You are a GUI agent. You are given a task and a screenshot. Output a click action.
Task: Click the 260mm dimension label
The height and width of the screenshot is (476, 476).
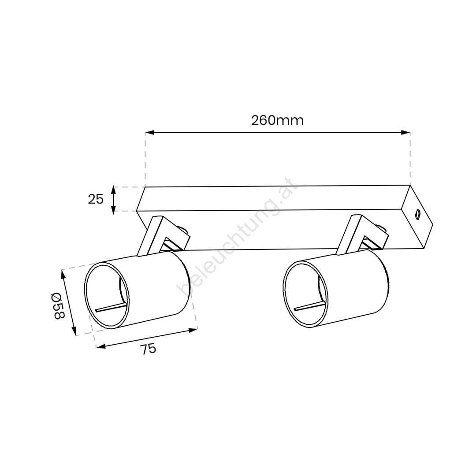(277, 120)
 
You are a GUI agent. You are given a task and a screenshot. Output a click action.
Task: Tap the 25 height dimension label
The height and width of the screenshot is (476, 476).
(96, 200)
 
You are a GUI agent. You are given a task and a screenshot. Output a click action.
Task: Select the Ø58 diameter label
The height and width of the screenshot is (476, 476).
(58, 306)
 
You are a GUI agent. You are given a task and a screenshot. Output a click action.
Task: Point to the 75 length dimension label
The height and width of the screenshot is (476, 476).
(149, 349)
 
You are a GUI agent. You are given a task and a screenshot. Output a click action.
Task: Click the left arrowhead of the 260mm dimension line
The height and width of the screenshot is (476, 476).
(150, 132)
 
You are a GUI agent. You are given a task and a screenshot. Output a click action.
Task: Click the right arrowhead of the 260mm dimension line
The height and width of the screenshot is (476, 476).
(405, 132)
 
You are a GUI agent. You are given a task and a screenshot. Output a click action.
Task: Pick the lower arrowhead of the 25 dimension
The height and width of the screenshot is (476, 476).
(113, 210)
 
